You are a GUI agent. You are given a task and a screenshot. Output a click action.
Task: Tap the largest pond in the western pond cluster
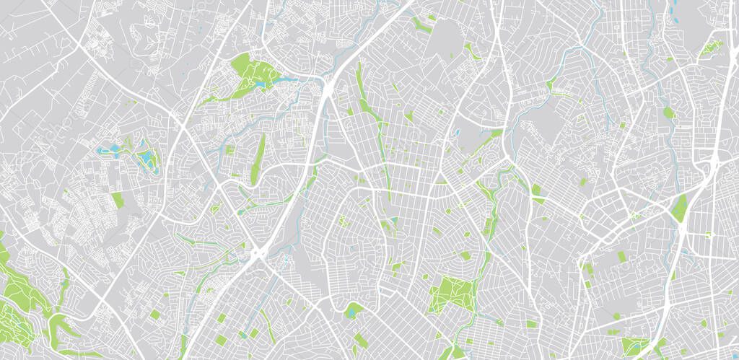(147, 157)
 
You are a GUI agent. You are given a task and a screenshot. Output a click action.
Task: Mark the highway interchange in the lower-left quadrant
(258, 253)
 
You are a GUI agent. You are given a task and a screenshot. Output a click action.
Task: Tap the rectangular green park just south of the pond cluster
(117, 200)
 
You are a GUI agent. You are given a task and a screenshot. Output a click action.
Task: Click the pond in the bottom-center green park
(351, 312)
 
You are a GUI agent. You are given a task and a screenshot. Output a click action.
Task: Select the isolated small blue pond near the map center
(457, 133)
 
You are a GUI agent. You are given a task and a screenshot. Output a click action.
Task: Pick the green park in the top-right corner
(711, 48)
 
